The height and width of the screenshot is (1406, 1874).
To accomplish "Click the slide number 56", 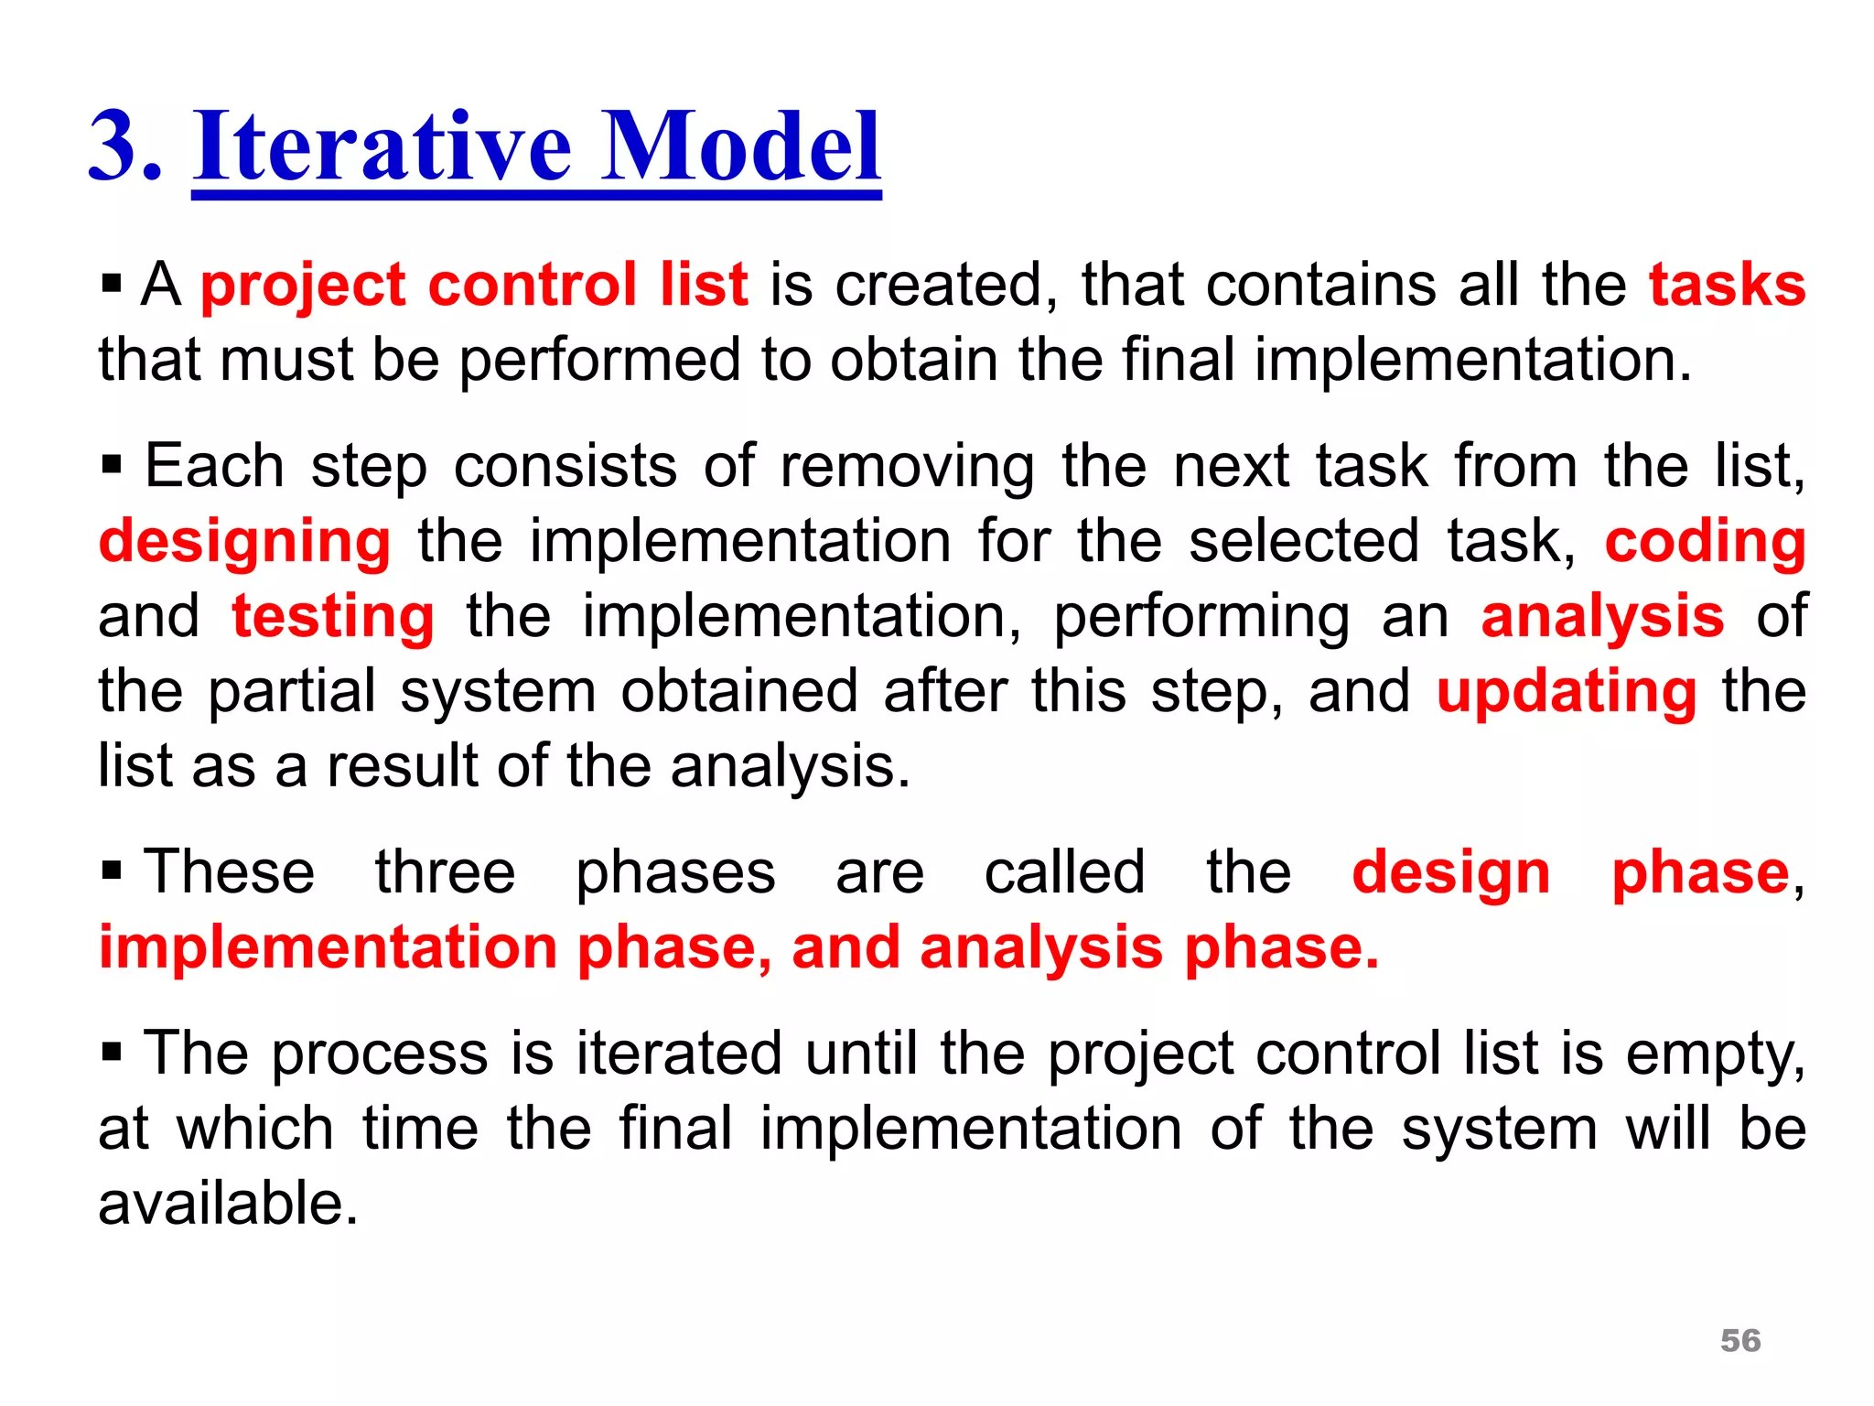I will tap(1739, 1340).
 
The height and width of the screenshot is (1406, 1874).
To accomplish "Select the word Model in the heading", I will tap(740, 146).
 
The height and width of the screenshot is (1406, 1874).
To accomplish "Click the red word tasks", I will tap(1727, 285).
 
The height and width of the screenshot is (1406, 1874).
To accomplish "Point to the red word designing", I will tap(244, 542).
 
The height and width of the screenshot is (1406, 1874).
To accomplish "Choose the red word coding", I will tap(1705, 542).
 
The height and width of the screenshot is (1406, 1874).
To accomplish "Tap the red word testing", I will tap(333, 616).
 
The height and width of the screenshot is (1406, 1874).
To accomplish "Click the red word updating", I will tap(1566, 691).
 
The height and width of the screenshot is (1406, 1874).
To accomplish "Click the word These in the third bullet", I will tap(229, 871).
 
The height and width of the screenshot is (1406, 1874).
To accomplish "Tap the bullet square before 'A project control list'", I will tap(112, 285).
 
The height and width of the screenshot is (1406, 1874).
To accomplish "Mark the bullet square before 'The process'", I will tap(112, 1054).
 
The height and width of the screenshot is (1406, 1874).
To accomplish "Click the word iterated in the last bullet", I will tap(678, 1054).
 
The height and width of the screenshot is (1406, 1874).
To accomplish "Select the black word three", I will tap(445, 871).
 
